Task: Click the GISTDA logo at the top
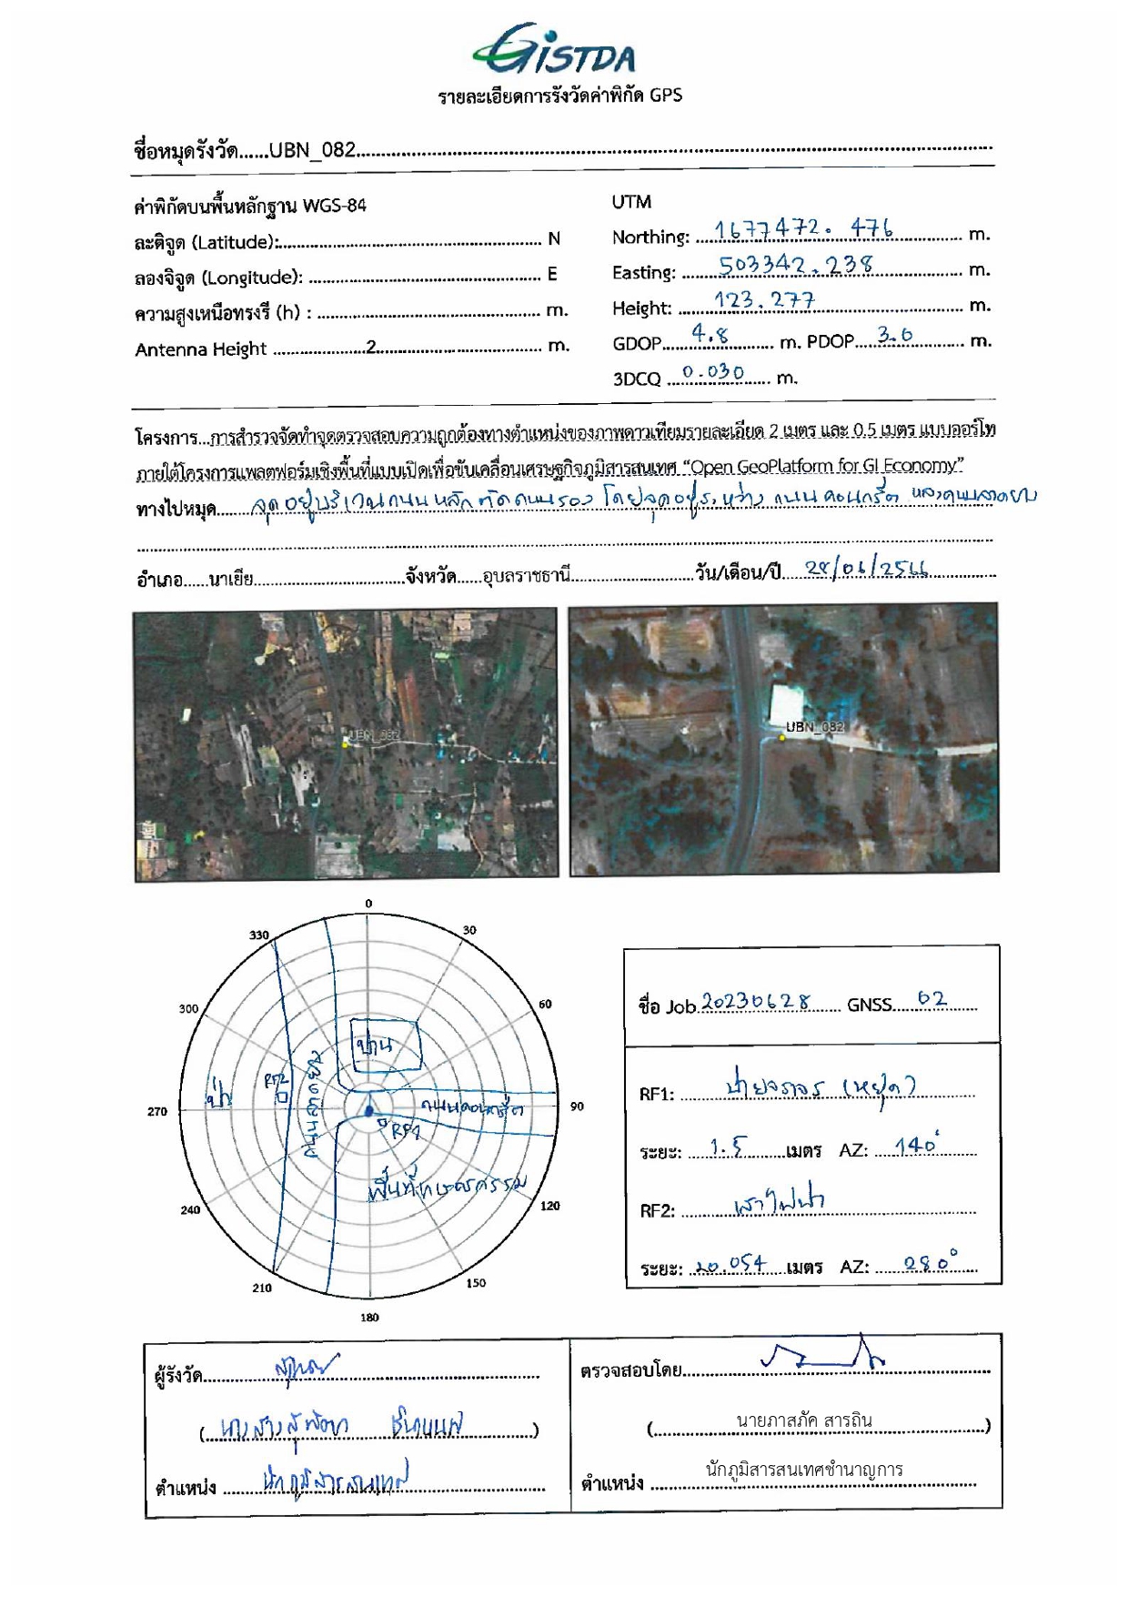click(555, 51)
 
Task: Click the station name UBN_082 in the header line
click(312, 150)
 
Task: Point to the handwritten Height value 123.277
click(764, 299)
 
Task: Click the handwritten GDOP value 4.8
click(710, 334)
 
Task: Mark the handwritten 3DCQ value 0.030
click(713, 372)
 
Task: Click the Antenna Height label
click(200, 349)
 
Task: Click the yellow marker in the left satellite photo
click(346, 743)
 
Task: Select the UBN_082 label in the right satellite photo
click(815, 726)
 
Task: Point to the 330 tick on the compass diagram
click(259, 935)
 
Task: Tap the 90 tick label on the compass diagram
click(577, 1107)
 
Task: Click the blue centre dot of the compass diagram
click(368, 1111)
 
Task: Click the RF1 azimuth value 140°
click(917, 1145)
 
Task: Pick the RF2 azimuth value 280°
click(931, 1262)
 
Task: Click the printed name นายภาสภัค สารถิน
click(804, 1420)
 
